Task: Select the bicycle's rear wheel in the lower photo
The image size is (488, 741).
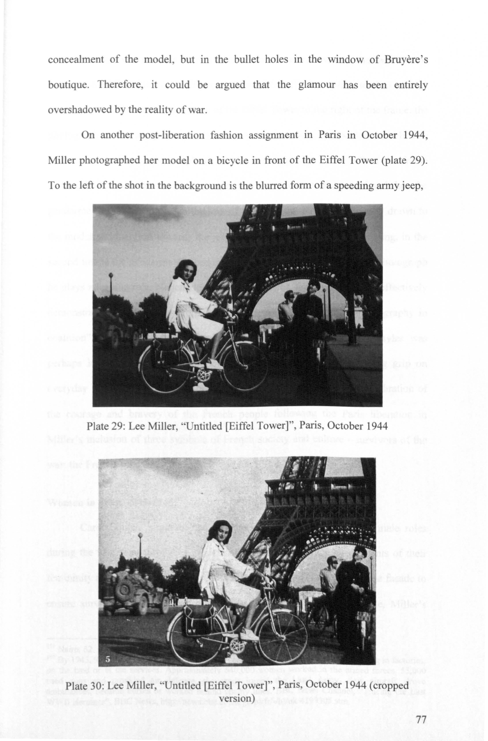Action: (188, 632)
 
